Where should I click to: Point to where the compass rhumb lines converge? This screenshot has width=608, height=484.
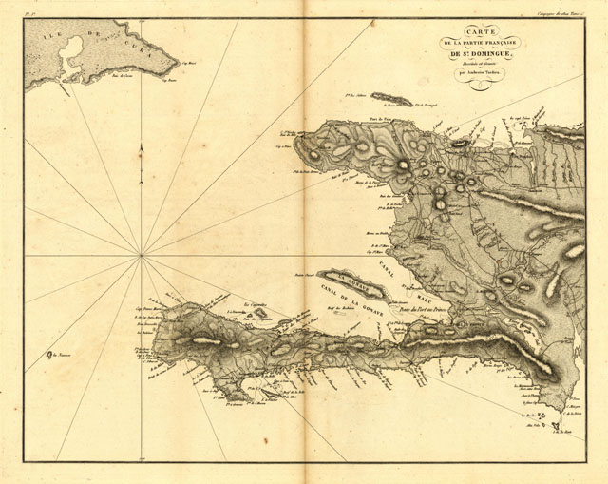141,255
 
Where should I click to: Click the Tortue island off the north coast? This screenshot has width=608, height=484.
390,98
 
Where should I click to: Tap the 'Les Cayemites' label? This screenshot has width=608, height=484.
256,307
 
